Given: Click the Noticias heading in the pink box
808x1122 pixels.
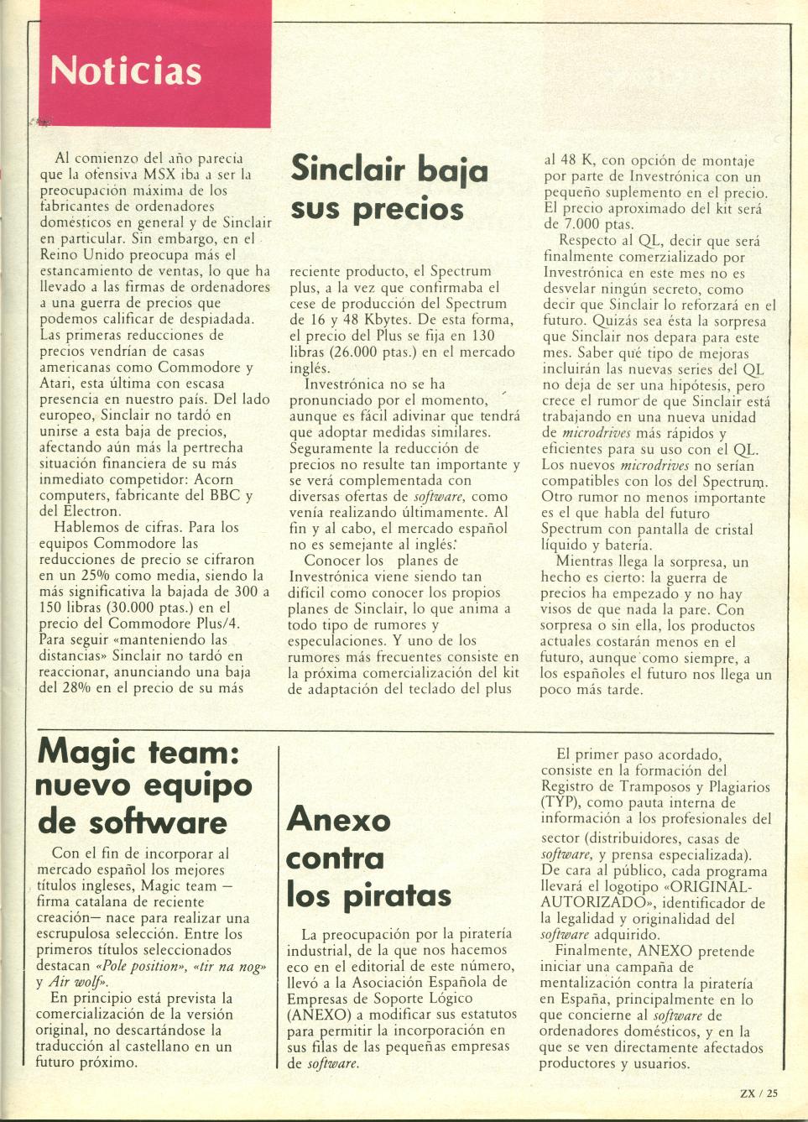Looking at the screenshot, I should pyautogui.click(x=126, y=71).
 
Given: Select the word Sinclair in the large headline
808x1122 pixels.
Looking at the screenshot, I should pyautogui.click(x=348, y=170).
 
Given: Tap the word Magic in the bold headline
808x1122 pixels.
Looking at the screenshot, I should pyautogui.click(x=86, y=751).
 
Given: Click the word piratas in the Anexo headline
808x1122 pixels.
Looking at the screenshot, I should pyautogui.click(x=398, y=895).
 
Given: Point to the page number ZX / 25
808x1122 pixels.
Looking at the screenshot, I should pyautogui.click(x=759, y=1093).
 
